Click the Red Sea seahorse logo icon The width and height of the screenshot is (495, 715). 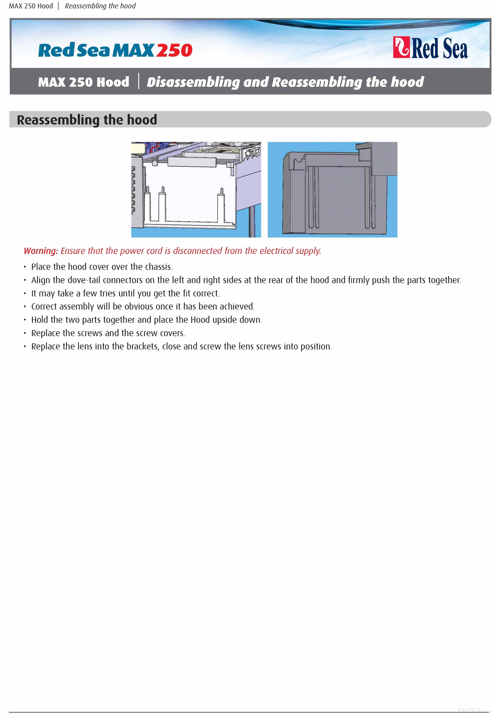[x=401, y=47]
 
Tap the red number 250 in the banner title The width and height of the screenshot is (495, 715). [x=174, y=50]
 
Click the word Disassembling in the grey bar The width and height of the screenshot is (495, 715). [x=193, y=82]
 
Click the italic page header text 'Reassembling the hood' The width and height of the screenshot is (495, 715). [x=100, y=6]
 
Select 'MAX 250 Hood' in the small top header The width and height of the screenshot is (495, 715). [x=31, y=6]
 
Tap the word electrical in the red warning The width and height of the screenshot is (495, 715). [x=276, y=251]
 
